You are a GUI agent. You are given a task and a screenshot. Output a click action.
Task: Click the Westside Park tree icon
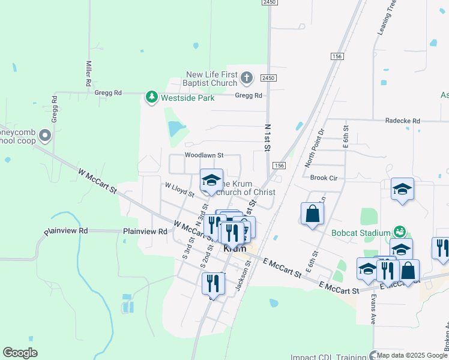(x=152, y=97)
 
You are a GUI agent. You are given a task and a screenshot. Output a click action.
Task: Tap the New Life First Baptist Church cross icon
(x=247, y=77)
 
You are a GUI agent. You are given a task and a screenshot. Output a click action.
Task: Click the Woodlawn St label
(x=203, y=155)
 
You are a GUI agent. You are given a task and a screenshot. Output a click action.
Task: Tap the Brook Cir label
(x=324, y=178)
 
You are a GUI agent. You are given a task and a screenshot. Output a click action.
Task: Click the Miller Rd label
(x=88, y=73)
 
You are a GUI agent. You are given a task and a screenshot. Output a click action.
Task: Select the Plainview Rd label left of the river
(x=66, y=230)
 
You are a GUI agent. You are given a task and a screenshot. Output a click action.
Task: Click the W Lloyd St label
(x=179, y=191)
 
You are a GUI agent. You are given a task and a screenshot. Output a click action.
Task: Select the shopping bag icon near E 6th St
(x=312, y=214)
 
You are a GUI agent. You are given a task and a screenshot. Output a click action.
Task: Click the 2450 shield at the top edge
(x=269, y=3)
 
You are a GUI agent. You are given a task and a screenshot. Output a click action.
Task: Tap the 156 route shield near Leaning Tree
(x=336, y=56)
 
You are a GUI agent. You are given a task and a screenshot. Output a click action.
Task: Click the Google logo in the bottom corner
(x=20, y=352)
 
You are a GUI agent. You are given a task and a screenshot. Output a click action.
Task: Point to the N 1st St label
(x=268, y=137)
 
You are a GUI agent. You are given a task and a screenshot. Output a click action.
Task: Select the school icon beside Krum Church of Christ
(x=211, y=179)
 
